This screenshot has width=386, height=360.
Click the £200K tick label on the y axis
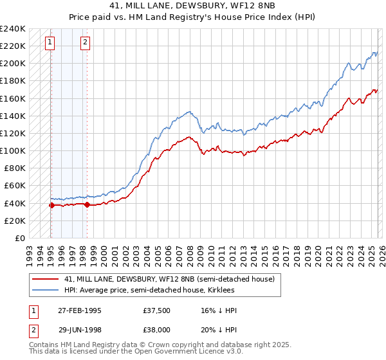pos(12,64)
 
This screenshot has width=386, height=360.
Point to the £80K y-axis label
pos(14,168)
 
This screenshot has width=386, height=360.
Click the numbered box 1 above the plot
pos(50,43)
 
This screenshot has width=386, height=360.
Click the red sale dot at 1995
pos(51,206)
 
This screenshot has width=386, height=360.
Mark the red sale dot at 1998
pos(87,205)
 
